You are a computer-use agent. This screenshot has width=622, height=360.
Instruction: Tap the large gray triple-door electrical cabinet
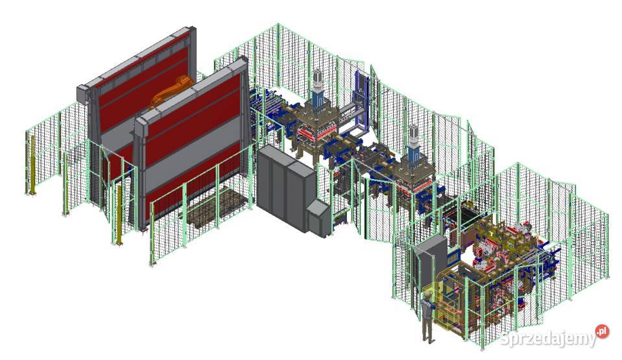[283, 188]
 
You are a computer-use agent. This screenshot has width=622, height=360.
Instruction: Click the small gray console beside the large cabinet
[318, 217]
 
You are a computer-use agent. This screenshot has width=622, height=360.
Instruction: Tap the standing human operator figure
[427, 316]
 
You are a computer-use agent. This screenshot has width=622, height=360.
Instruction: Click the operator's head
[427, 296]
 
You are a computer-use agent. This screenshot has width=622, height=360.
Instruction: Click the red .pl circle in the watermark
[603, 331]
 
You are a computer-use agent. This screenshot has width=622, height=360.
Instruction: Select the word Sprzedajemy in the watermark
[548, 338]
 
